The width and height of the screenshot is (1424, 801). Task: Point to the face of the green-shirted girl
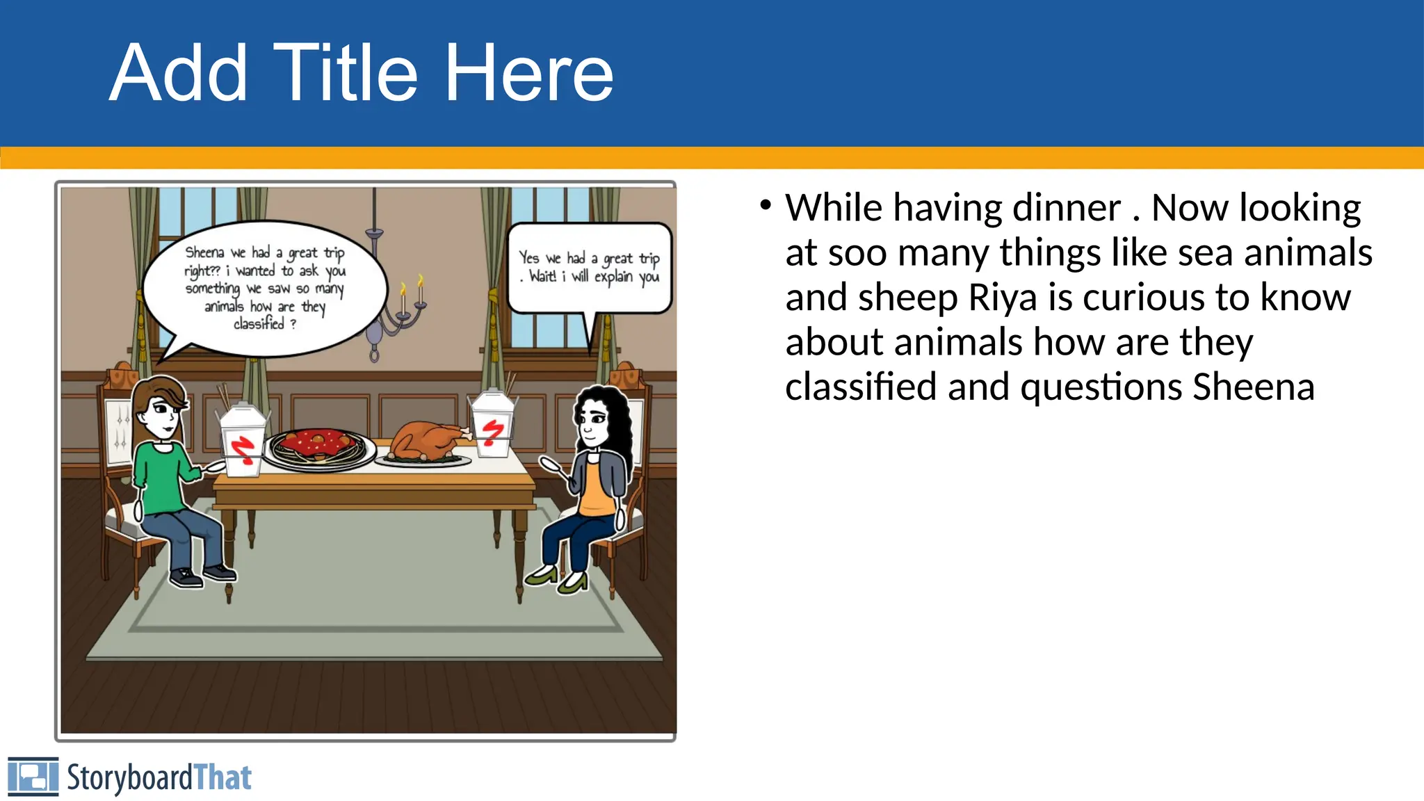(162, 414)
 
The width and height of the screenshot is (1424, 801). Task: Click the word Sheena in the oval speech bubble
(204, 252)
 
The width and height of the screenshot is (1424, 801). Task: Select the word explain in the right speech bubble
(613, 277)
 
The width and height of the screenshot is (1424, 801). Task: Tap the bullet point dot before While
(766, 206)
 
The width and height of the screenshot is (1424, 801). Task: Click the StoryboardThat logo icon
(33, 777)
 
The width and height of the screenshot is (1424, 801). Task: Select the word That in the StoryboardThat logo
(222, 777)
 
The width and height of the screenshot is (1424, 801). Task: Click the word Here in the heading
(528, 73)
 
